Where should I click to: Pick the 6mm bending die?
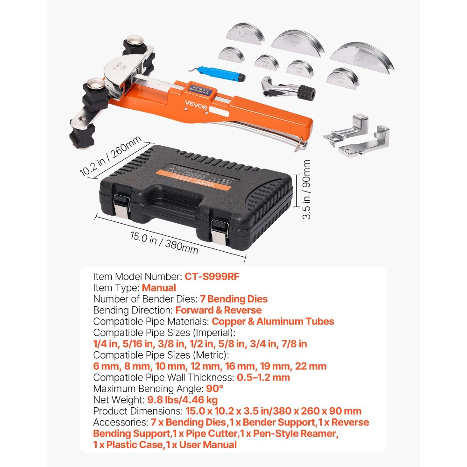(x=267, y=62)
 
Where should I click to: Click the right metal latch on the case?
(x=218, y=231)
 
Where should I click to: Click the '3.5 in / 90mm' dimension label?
(x=306, y=190)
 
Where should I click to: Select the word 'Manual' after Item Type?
(x=159, y=288)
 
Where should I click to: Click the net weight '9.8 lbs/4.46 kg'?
(x=182, y=400)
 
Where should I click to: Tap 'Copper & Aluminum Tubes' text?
(x=273, y=321)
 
